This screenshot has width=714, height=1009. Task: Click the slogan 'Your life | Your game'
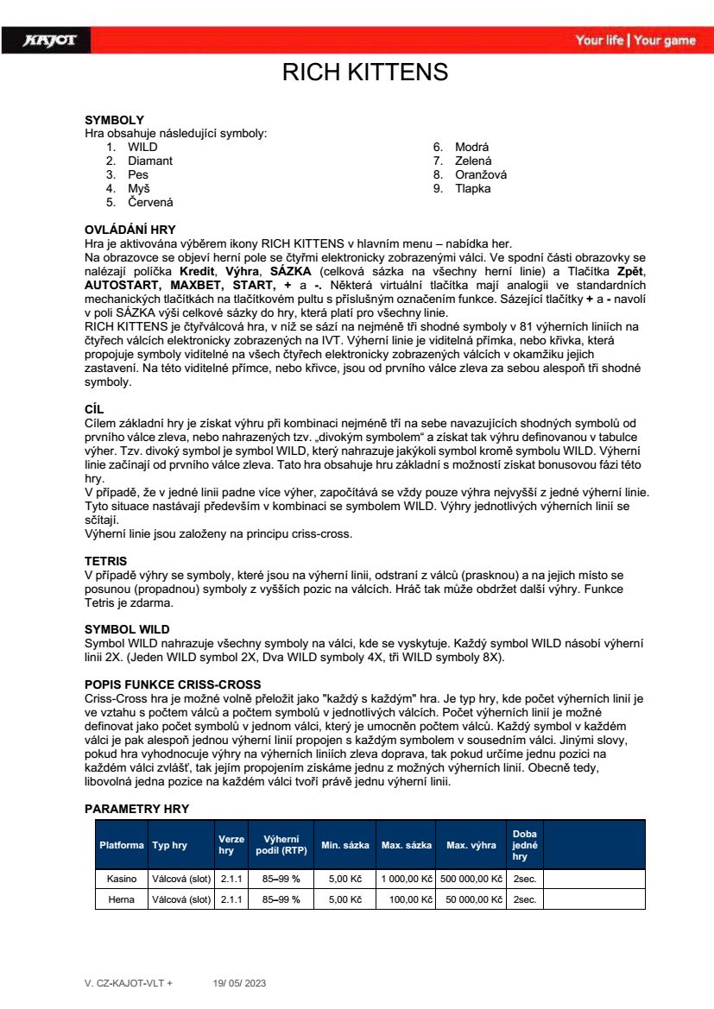[x=635, y=41]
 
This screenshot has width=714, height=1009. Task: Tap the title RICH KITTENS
[x=365, y=72]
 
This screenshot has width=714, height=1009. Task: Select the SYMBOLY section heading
[x=114, y=120]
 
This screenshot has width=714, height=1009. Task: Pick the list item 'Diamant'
[x=150, y=161]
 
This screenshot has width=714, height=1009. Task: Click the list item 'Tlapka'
[x=472, y=188]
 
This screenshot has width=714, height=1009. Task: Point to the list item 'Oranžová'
[x=481, y=174]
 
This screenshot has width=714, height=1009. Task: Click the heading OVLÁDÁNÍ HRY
[x=130, y=230]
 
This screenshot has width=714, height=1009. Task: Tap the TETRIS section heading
[x=105, y=561]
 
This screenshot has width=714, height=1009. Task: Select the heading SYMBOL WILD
[x=127, y=629]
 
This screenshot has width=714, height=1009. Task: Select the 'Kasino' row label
[x=121, y=879]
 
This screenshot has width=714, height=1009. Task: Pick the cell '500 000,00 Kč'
[x=471, y=879]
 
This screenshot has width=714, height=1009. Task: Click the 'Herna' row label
[x=121, y=899]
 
